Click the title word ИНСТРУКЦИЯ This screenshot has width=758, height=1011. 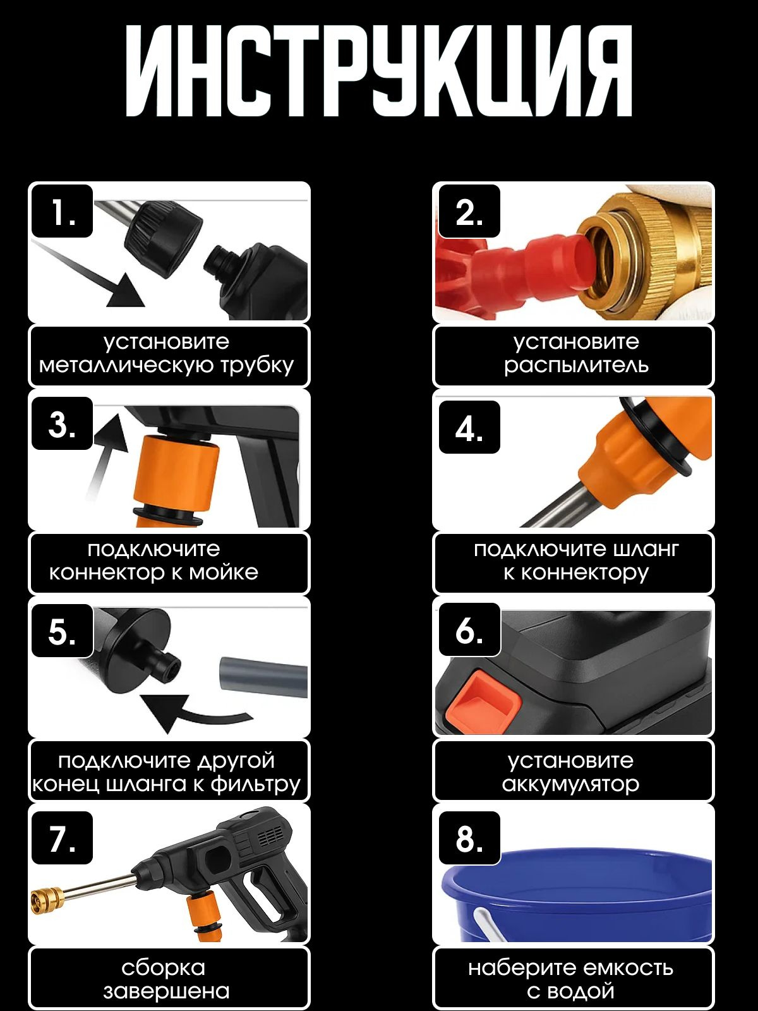[x=378, y=71]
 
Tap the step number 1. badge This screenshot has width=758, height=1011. [x=62, y=212]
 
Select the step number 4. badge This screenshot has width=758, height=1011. [x=469, y=427]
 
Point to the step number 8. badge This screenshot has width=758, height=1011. [x=469, y=838]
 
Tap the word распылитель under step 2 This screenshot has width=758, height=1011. [x=575, y=366]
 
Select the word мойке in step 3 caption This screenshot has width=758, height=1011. [x=224, y=572]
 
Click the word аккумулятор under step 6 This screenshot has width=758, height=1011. [x=570, y=785]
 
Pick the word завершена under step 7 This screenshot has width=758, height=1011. [x=166, y=991]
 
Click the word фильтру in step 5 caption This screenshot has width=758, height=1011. [x=256, y=784]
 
